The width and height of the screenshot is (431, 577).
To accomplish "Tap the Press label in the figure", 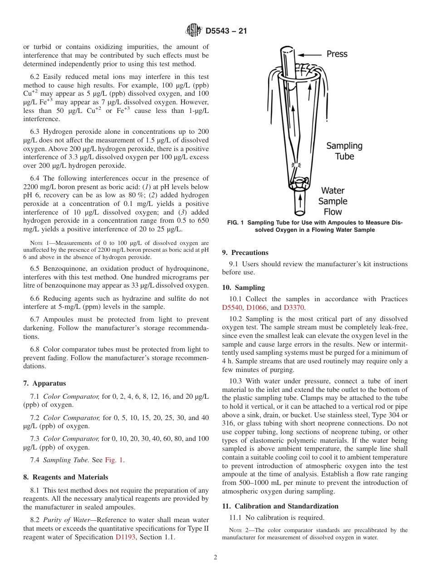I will click(337, 54).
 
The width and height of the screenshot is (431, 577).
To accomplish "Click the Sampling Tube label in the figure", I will click(344, 151).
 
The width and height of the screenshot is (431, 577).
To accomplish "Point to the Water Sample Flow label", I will click(333, 201).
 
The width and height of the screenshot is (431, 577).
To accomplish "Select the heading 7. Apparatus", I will click(44, 383).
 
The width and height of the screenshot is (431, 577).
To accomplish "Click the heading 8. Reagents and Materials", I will click(65, 477).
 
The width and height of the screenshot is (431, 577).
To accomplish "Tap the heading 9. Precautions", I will click(245, 253).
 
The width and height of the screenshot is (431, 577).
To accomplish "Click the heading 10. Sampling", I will click(243, 288).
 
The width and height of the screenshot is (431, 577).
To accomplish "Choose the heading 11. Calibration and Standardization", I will click(280, 506).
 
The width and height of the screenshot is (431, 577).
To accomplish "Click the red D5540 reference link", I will click(232, 308).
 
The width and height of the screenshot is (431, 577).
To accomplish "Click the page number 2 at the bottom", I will click(215, 557).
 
